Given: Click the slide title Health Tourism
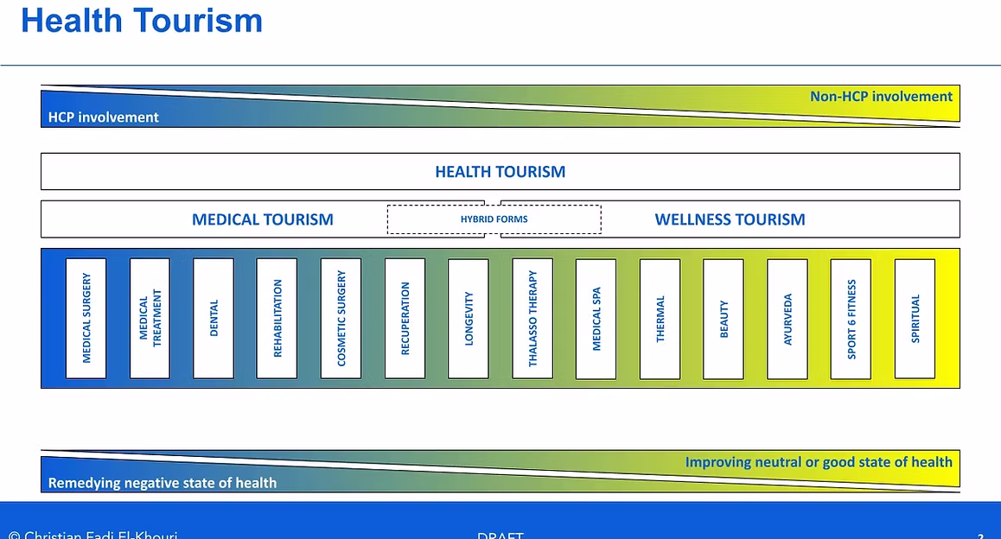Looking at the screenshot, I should pos(141,21).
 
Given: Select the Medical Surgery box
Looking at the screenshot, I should pos(86,318).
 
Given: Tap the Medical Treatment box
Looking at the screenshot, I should pos(150,318).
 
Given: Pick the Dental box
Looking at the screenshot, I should pos(214,318).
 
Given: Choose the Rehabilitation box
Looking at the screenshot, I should pos(277,318).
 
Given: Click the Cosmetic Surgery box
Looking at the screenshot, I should pos(341,318).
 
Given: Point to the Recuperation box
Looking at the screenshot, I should pos(405,318).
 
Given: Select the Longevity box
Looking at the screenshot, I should pos(469,318).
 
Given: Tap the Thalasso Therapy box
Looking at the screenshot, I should pos(532,318).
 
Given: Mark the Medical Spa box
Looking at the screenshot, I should pos(596,318).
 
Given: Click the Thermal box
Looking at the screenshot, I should pos(660,318).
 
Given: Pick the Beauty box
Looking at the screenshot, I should pos(724,318).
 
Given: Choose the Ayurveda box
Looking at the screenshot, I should pos(787,318).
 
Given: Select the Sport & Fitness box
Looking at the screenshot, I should pos(851,318).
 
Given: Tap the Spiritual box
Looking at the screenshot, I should pos(915,318).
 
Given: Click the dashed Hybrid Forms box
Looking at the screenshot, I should pos(494,219).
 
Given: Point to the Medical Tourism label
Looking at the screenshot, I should pos(263,219).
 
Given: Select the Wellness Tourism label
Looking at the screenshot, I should pos(730,219).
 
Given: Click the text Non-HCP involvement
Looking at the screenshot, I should pos(881,97).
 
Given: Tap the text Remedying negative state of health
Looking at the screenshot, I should pos(163,483).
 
